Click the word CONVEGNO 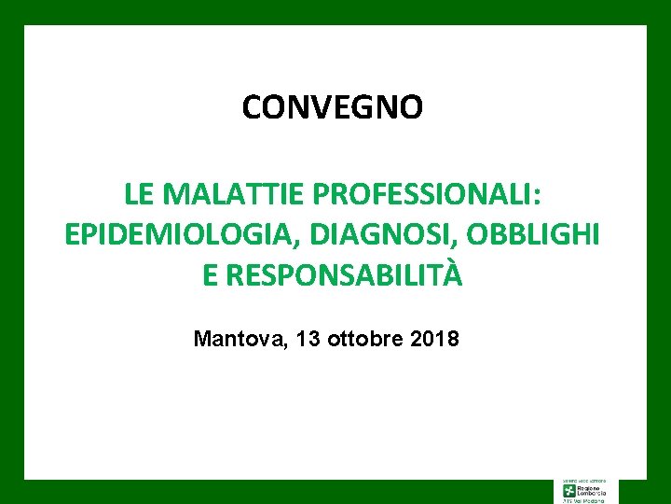pyautogui.click(x=332, y=107)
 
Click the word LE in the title pyautogui.click(x=138, y=195)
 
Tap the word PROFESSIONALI pyautogui.click(x=425, y=195)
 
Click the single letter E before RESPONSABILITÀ pyautogui.click(x=210, y=275)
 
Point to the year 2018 pyautogui.click(x=433, y=339)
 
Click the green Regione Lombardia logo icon pyautogui.click(x=569, y=490)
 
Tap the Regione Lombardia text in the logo pyautogui.click(x=593, y=490)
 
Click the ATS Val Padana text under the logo pyautogui.click(x=584, y=500)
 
